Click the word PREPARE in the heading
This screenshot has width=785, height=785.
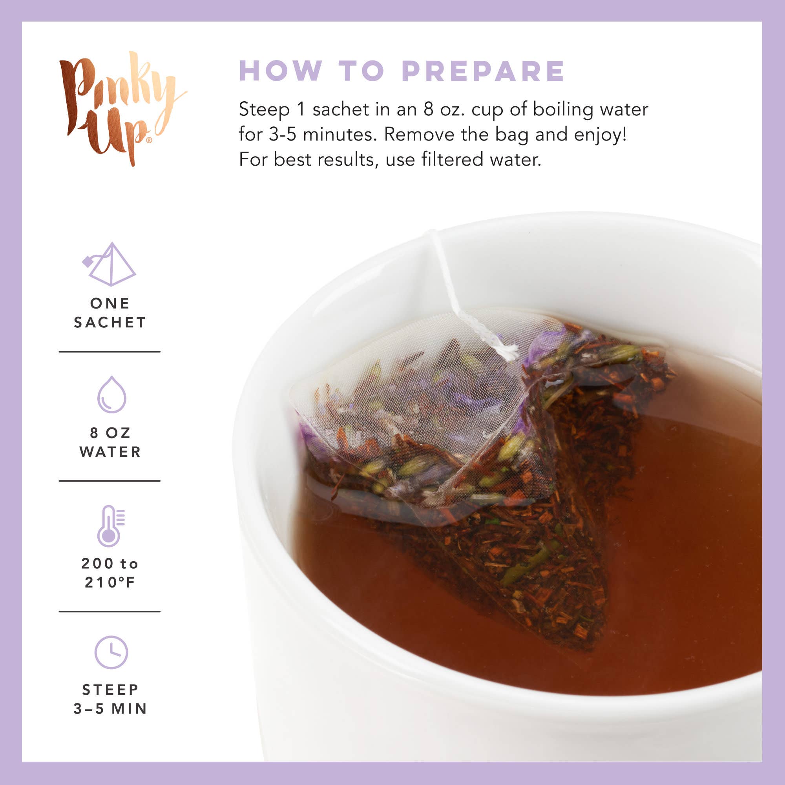[483, 71]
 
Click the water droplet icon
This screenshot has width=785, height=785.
[112, 394]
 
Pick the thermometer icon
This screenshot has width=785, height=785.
[110, 526]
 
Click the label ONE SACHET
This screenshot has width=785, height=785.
[110, 313]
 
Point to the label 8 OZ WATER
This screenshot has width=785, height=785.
[110, 442]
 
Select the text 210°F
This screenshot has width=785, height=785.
[110, 582]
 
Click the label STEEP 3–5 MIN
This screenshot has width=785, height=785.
[110, 699]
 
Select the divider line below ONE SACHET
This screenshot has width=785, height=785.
[110, 351]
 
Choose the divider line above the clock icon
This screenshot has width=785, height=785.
[110, 611]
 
